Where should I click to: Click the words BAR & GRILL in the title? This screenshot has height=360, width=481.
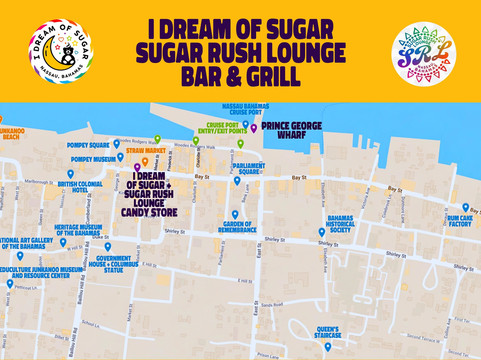click(239, 77)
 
